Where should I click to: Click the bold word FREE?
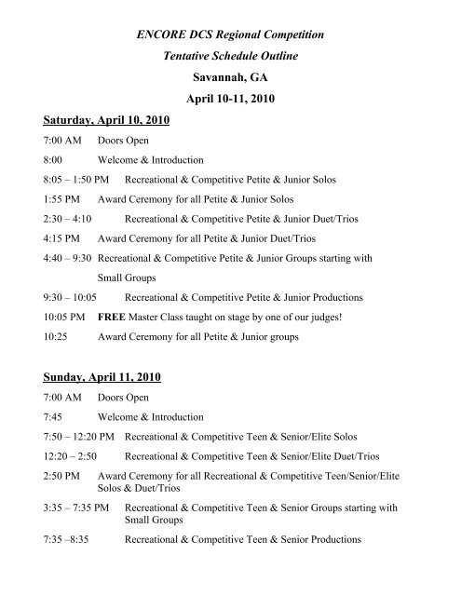click(x=115, y=316)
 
